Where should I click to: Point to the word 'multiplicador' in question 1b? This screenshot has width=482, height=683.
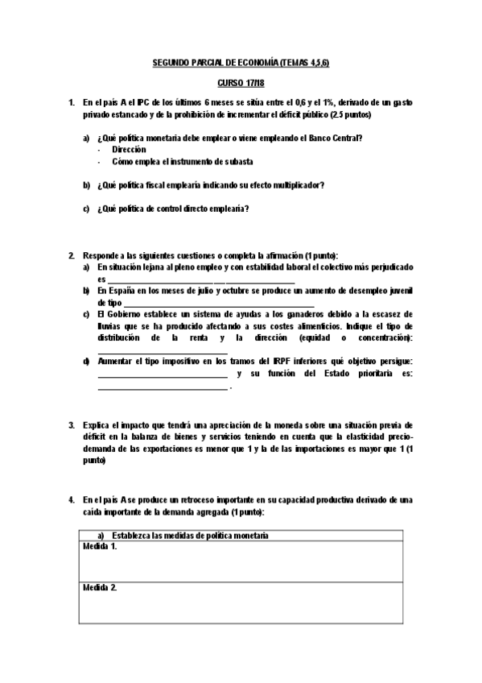(x=295, y=184)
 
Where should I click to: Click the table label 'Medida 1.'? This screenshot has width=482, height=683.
(x=101, y=547)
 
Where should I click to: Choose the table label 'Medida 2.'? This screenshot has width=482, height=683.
(x=101, y=588)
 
